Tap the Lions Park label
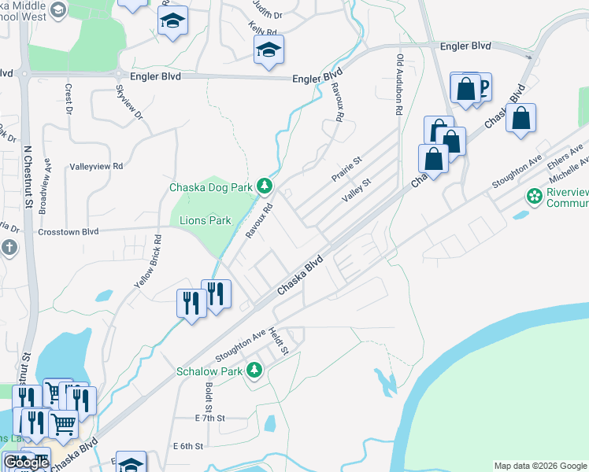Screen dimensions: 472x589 click(206, 220)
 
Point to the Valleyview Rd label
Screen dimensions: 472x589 click(97, 167)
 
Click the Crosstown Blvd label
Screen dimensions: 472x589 click(69, 232)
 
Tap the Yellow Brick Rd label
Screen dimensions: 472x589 click(147, 260)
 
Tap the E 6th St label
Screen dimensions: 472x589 click(188, 446)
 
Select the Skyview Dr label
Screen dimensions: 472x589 click(131, 102)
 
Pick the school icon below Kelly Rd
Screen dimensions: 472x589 click(269, 51)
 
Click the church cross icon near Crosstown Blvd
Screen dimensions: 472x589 click(9, 249)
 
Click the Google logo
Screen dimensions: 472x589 click(26, 463)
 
